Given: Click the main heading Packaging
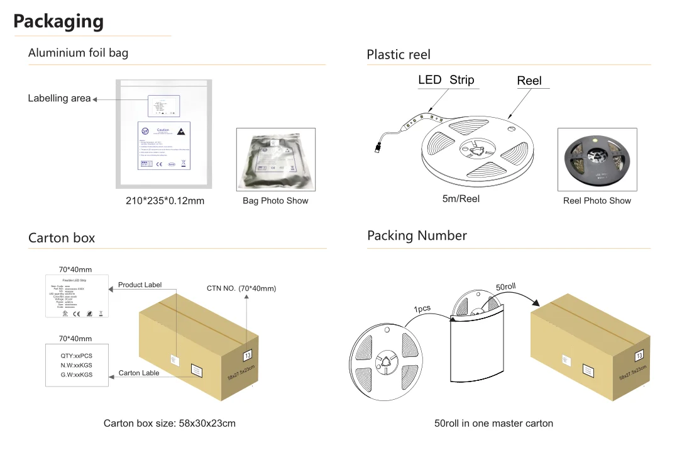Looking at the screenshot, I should [x=58, y=21].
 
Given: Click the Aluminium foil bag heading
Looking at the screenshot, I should [x=78, y=53].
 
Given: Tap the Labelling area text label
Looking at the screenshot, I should [x=59, y=98].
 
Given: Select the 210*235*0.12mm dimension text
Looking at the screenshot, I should [x=165, y=201].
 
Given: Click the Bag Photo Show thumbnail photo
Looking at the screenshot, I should [x=275, y=159].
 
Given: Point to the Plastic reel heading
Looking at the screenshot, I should [x=399, y=55].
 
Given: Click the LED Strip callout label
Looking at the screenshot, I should [x=446, y=80].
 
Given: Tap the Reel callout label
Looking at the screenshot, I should [x=529, y=81].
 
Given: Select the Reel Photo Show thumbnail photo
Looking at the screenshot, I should [x=597, y=159].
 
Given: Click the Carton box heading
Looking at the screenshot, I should [x=62, y=238].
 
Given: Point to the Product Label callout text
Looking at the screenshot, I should [x=140, y=285].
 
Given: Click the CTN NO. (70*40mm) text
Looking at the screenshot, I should [x=241, y=288].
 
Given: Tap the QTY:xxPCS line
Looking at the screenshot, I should [x=77, y=355].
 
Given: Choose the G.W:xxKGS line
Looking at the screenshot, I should [x=77, y=374].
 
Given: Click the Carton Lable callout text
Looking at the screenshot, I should [x=139, y=373].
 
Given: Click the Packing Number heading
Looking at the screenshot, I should [x=417, y=236].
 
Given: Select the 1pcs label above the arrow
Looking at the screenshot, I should [x=422, y=309].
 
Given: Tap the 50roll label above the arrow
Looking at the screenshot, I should [x=505, y=286].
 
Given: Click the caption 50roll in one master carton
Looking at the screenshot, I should [x=493, y=423].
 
